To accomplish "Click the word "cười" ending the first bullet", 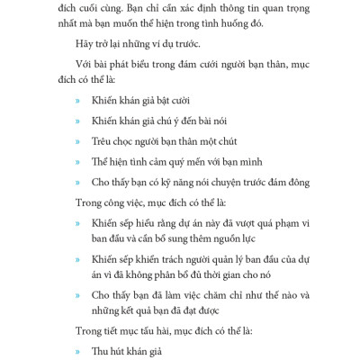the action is pos(180,101).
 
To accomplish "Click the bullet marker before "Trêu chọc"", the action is pos(77,142).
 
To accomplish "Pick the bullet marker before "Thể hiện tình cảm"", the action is pos(77,163).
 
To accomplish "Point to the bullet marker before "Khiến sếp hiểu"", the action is pos(77,223).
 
